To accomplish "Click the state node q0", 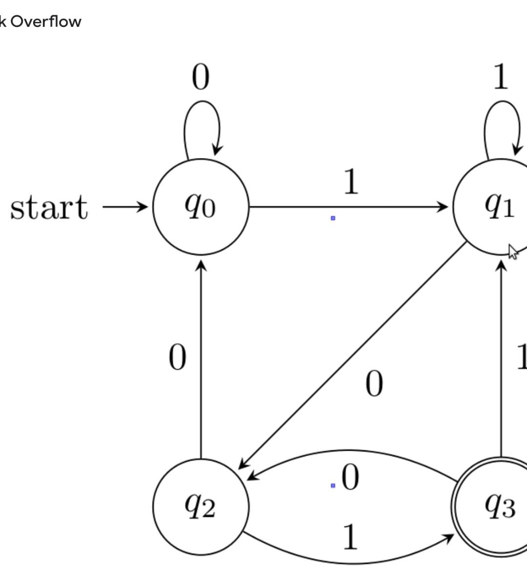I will click(201, 207).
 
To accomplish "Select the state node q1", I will click(498, 207).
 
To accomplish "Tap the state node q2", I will click(201, 506).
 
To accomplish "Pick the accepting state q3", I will click(498, 506).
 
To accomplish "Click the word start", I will click(49, 207).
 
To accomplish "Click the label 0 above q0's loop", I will click(201, 78).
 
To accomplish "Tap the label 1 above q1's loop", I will click(501, 78).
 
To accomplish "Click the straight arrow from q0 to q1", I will click(349, 207).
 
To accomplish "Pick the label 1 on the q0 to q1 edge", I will click(351, 182).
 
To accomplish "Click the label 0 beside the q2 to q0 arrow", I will click(177, 358).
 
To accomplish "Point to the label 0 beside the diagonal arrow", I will click(374, 384).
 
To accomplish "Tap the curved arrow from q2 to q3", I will click(351, 562).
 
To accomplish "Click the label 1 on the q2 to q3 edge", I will click(350, 537).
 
